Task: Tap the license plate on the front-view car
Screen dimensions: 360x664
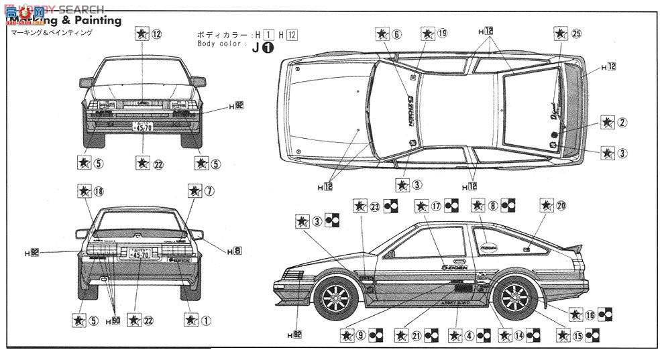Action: click(142, 125)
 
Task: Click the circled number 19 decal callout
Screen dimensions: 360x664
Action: click(443, 33)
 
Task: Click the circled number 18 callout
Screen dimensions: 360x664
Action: click(100, 191)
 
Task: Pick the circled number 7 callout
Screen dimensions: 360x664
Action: click(209, 191)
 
